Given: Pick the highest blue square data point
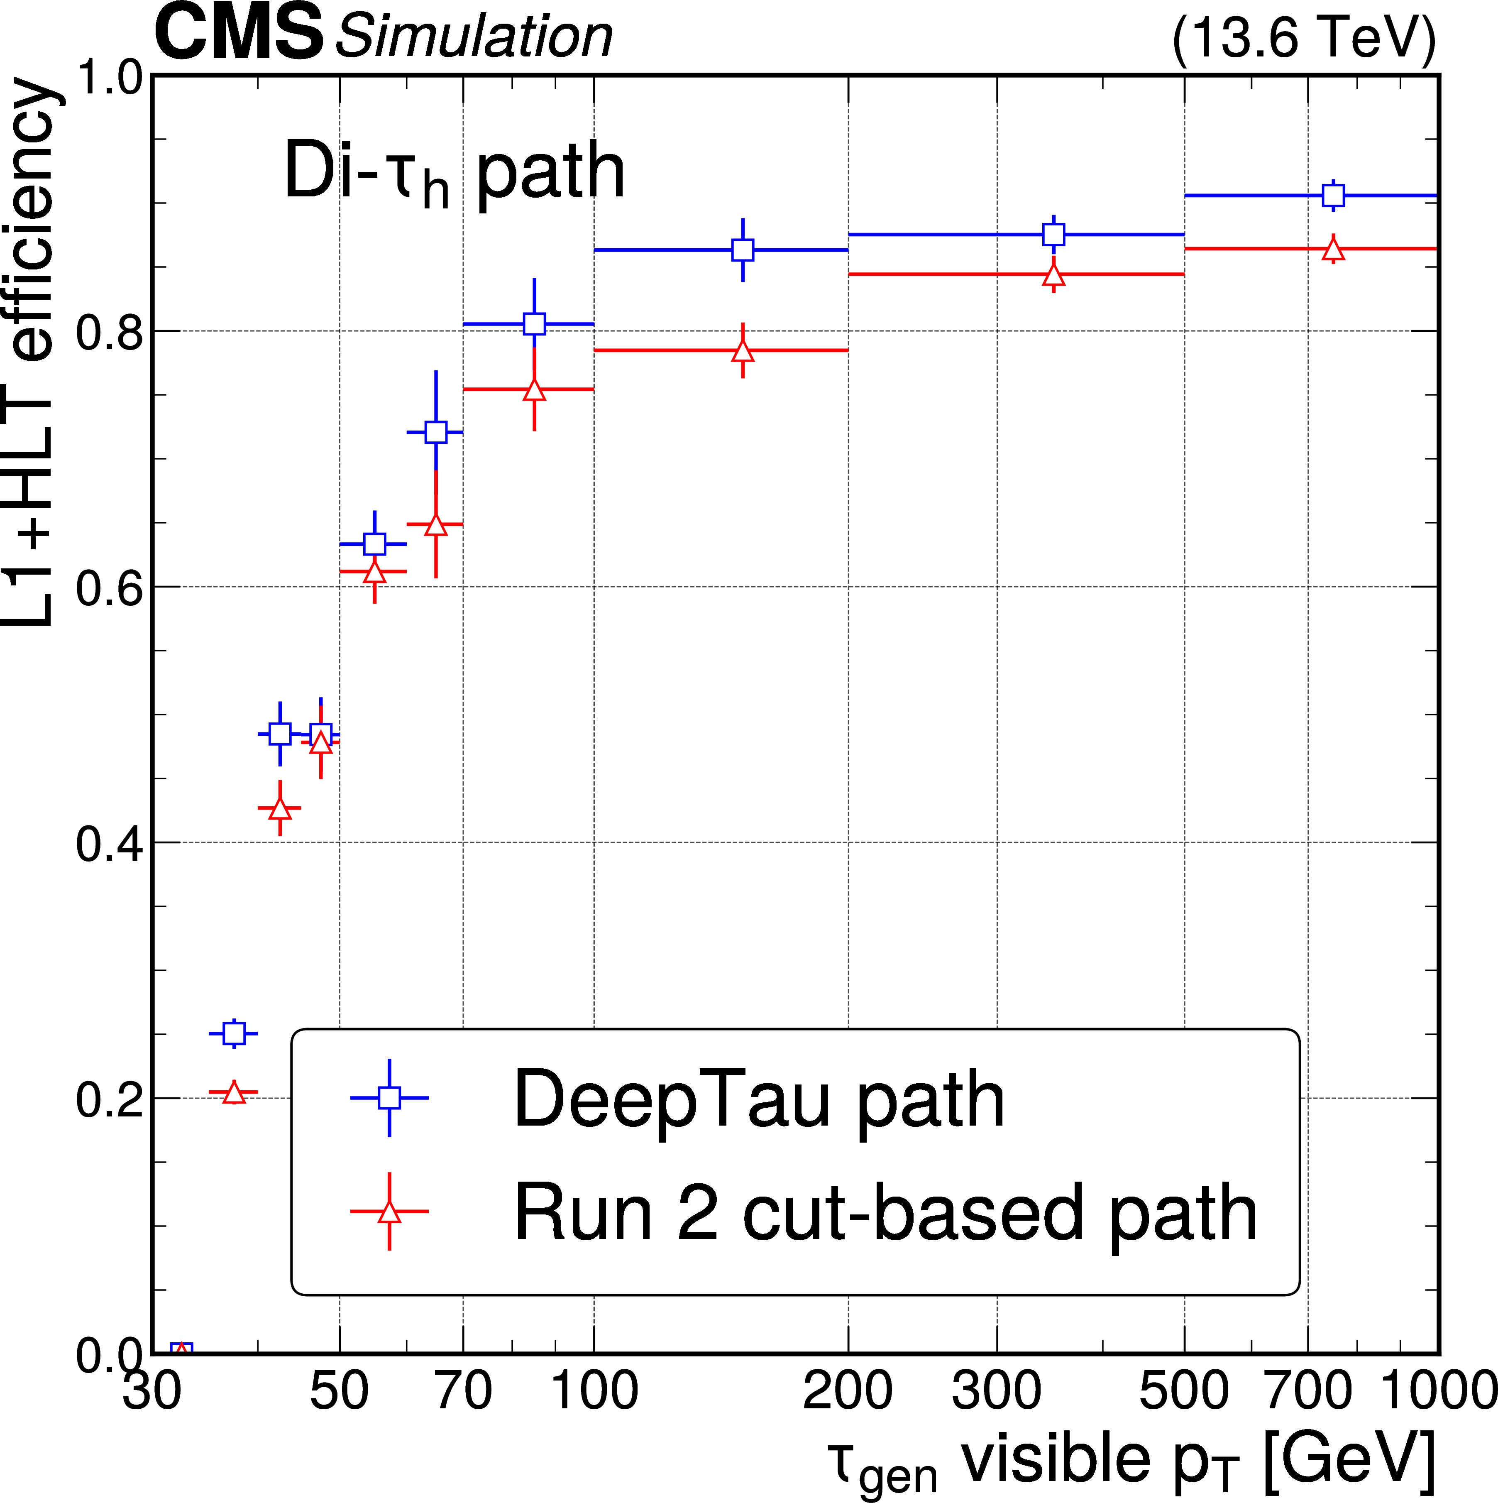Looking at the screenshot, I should (x=1333, y=195).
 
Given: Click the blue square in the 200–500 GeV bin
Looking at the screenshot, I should (x=1053, y=234).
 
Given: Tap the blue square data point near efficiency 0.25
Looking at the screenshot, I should (x=233, y=1033).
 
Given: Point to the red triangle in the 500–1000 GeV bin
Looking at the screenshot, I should (x=1333, y=250).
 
